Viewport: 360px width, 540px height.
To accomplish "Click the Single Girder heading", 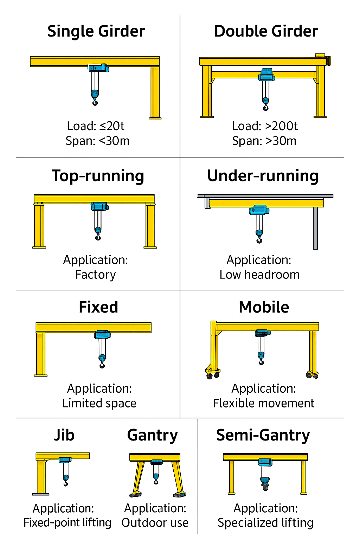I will tap(96, 31).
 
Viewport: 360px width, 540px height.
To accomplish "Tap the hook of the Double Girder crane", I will tap(265, 105).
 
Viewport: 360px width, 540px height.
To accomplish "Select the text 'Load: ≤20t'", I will tap(96, 126).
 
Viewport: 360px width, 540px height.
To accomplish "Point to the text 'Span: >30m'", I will tap(264, 141).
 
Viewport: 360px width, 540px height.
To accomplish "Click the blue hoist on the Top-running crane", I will tap(99, 206).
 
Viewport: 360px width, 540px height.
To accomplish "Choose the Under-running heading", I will tap(263, 176).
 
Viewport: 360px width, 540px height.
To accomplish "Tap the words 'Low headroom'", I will tap(259, 275).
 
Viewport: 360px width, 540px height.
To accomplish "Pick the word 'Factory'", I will tap(96, 275).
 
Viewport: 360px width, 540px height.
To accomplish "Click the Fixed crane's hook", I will tap(102, 364).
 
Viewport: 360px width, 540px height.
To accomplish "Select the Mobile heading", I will tap(264, 307).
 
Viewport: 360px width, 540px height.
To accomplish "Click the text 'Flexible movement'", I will tap(264, 403).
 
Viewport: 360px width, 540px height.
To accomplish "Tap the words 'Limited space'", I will tap(99, 403).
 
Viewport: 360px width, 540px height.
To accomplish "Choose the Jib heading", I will tap(64, 435).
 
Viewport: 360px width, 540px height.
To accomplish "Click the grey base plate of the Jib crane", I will tap(41, 494).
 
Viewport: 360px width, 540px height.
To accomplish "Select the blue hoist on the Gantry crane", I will tap(156, 462).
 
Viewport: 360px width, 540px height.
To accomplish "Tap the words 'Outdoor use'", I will tap(155, 523).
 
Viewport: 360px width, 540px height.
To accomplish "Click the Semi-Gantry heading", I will tap(263, 435).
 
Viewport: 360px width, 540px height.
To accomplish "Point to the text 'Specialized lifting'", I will tap(265, 523).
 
